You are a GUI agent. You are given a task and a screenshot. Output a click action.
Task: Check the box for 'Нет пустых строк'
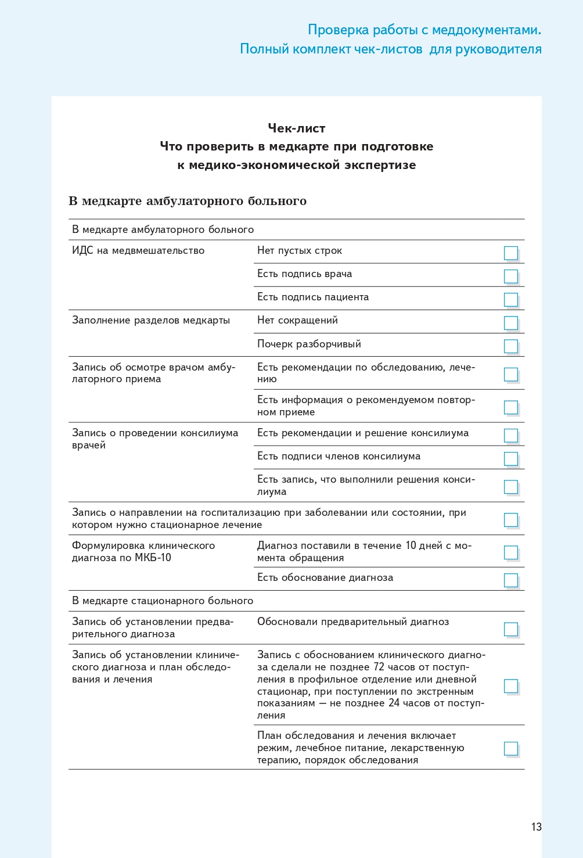[x=510, y=253]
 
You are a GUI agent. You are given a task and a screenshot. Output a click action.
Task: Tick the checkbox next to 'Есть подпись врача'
[x=510, y=276]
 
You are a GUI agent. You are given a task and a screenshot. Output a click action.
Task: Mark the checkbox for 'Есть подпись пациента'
[x=510, y=299]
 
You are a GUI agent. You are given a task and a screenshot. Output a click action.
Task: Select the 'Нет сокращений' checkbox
[x=510, y=322]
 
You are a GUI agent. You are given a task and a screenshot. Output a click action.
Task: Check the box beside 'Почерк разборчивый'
[x=510, y=346]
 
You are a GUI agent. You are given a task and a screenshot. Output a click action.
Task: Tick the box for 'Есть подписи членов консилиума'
[x=510, y=458]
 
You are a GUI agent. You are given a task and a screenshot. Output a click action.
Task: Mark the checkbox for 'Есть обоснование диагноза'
[x=510, y=580]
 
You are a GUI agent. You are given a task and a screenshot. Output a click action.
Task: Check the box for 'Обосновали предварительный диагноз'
[x=510, y=629]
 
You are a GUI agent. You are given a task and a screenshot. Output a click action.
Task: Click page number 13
[x=536, y=827]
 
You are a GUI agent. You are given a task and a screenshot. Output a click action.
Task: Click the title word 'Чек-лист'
[x=296, y=128]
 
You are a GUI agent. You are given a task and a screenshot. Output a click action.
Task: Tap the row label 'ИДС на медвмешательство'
[x=138, y=251]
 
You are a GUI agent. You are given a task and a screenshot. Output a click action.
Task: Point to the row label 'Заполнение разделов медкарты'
[x=151, y=321]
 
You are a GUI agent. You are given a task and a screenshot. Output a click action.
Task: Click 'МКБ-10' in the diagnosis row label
[x=153, y=558]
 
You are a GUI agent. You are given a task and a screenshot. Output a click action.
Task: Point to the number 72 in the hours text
[x=378, y=667]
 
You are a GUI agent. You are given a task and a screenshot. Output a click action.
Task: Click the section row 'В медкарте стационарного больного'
[x=163, y=601]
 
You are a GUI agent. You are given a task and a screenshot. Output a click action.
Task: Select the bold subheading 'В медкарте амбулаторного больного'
[x=188, y=201]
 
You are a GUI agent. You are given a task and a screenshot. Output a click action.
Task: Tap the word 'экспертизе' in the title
[x=380, y=165]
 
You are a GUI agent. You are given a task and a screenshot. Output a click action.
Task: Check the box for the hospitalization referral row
[x=510, y=519]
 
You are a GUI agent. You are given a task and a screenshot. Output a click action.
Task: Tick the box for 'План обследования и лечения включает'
[x=510, y=748]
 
